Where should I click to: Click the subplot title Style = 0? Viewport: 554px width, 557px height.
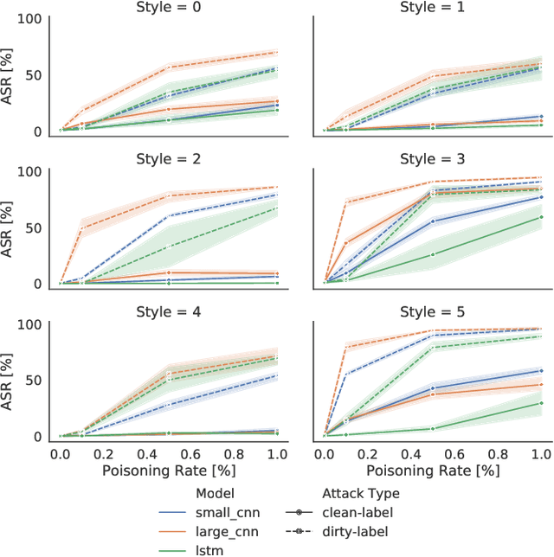pyautogui.click(x=168, y=8)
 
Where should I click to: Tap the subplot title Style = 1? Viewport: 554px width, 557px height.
pyautogui.click(x=432, y=8)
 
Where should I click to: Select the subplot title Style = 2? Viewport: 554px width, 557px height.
pyautogui.click(x=168, y=159)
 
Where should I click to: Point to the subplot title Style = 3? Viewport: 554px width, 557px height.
pyautogui.click(x=432, y=159)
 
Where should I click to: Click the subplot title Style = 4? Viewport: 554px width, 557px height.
pyautogui.click(x=168, y=313)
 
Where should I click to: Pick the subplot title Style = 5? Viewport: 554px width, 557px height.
pyautogui.click(x=432, y=313)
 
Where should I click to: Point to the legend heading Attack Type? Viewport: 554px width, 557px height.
pyautogui.click(x=361, y=493)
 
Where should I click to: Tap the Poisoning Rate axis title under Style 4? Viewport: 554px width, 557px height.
pyautogui.click(x=168, y=471)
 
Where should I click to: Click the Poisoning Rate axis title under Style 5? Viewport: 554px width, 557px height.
pyautogui.click(x=432, y=471)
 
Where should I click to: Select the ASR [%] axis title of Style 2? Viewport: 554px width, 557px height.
pyautogui.click(x=11, y=227)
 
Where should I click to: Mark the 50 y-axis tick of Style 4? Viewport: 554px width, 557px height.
pyautogui.click(x=36, y=379)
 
